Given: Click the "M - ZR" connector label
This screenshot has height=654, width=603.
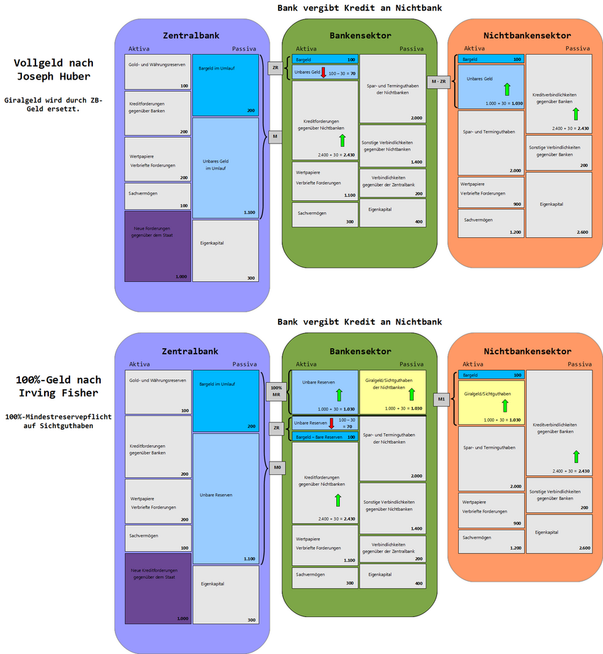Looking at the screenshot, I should pyautogui.click(x=438, y=82).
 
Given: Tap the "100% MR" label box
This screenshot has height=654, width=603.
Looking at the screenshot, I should pyautogui.click(x=276, y=391).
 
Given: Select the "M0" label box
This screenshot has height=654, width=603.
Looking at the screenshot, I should pyautogui.click(x=276, y=468).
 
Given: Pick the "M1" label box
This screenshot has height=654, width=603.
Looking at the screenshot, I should pyautogui.click(x=441, y=399).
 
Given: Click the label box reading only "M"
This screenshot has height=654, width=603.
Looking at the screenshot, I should pyautogui.click(x=275, y=136).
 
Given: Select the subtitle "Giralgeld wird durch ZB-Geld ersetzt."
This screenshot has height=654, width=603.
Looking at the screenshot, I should pyautogui.click(x=54, y=104).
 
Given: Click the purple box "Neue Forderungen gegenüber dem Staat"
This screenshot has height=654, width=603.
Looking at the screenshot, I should pyautogui.click(x=157, y=246).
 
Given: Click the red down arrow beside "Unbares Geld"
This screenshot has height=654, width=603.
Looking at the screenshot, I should pyautogui.click(x=323, y=72).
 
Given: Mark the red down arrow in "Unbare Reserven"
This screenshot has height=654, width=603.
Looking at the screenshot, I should pyautogui.click(x=331, y=424).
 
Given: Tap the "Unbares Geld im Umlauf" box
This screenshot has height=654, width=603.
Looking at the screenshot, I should pyautogui.click(x=225, y=167).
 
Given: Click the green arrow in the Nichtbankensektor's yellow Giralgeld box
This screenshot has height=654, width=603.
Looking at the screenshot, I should pyautogui.click(x=505, y=405).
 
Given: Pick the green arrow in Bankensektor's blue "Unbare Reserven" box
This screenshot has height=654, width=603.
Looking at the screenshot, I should pyautogui.click(x=338, y=394).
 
